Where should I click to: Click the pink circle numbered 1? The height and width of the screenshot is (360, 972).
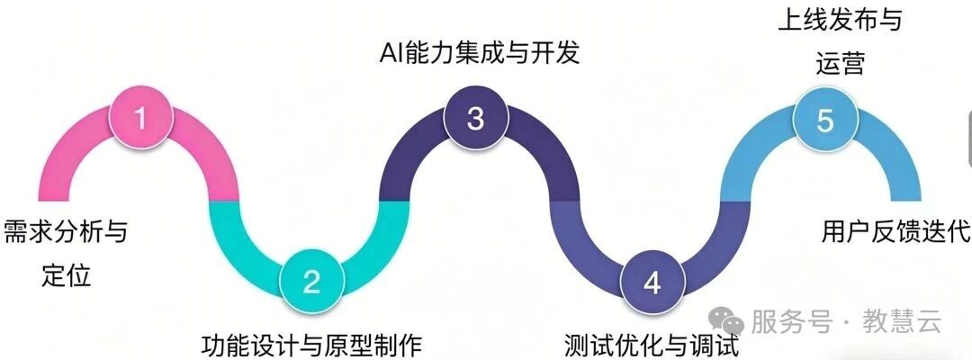[x=140, y=118]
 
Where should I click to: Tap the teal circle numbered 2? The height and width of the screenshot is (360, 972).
[x=311, y=283]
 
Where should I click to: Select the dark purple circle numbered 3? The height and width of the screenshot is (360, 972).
[x=475, y=118]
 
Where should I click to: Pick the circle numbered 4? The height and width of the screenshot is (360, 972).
[x=652, y=283]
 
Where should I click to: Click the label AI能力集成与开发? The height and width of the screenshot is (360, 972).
[x=480, y=53]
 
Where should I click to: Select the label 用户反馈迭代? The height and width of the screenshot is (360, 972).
[x=895, y=232]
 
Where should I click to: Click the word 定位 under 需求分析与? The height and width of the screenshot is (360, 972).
[x=67, y=275]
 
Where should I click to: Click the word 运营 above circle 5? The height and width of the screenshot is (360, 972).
[x=840, y=64]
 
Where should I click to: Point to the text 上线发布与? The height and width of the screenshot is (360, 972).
[x=840, y=21]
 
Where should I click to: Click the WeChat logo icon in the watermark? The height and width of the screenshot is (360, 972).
[x=726, y=322]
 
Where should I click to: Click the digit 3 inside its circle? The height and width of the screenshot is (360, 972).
[x=475, y=118]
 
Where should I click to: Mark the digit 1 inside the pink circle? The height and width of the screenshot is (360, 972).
[x=140, y=118]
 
